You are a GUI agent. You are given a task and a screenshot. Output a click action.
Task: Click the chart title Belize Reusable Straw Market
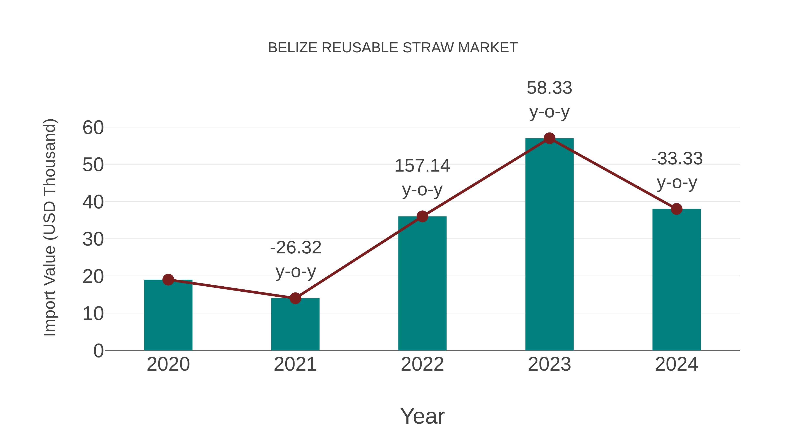click(393, 48)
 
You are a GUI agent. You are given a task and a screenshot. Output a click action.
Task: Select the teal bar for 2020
click(168, 317)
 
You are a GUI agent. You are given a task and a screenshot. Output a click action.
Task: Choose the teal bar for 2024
click(676, 281)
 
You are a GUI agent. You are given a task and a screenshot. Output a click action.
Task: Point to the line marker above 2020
click(168, 279)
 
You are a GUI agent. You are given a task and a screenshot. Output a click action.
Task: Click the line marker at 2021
click(295, 298)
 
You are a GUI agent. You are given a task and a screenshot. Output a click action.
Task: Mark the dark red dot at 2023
click(549, 138)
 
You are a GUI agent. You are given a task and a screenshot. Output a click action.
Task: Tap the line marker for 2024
click(676, 209)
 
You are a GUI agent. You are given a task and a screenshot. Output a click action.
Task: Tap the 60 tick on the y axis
click(93, 127)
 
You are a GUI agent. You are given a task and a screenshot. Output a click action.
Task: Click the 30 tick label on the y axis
click(93, 239)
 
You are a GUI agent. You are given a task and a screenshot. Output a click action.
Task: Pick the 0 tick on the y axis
click(98, 351)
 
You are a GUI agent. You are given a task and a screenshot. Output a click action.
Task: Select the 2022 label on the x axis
click(422, 364)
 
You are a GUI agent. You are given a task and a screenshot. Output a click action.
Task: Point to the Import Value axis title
click(49, 227)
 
